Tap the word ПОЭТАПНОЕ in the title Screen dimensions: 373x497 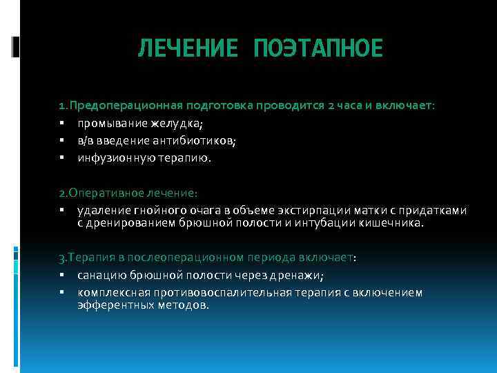pyautogui.click(x=318, y=49)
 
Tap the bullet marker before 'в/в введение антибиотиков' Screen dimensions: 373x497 pyautogui.click(x=61, y=141)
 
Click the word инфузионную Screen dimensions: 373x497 pyautogui.click(x=113, y=158)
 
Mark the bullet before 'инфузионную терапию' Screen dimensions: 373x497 pyautogui.click(x=61, y=158)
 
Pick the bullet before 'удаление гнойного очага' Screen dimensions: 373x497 pyautogui.click(x=61, y=210)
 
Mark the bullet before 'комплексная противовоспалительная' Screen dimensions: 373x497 pyautogui.click(x=61, y=293)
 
